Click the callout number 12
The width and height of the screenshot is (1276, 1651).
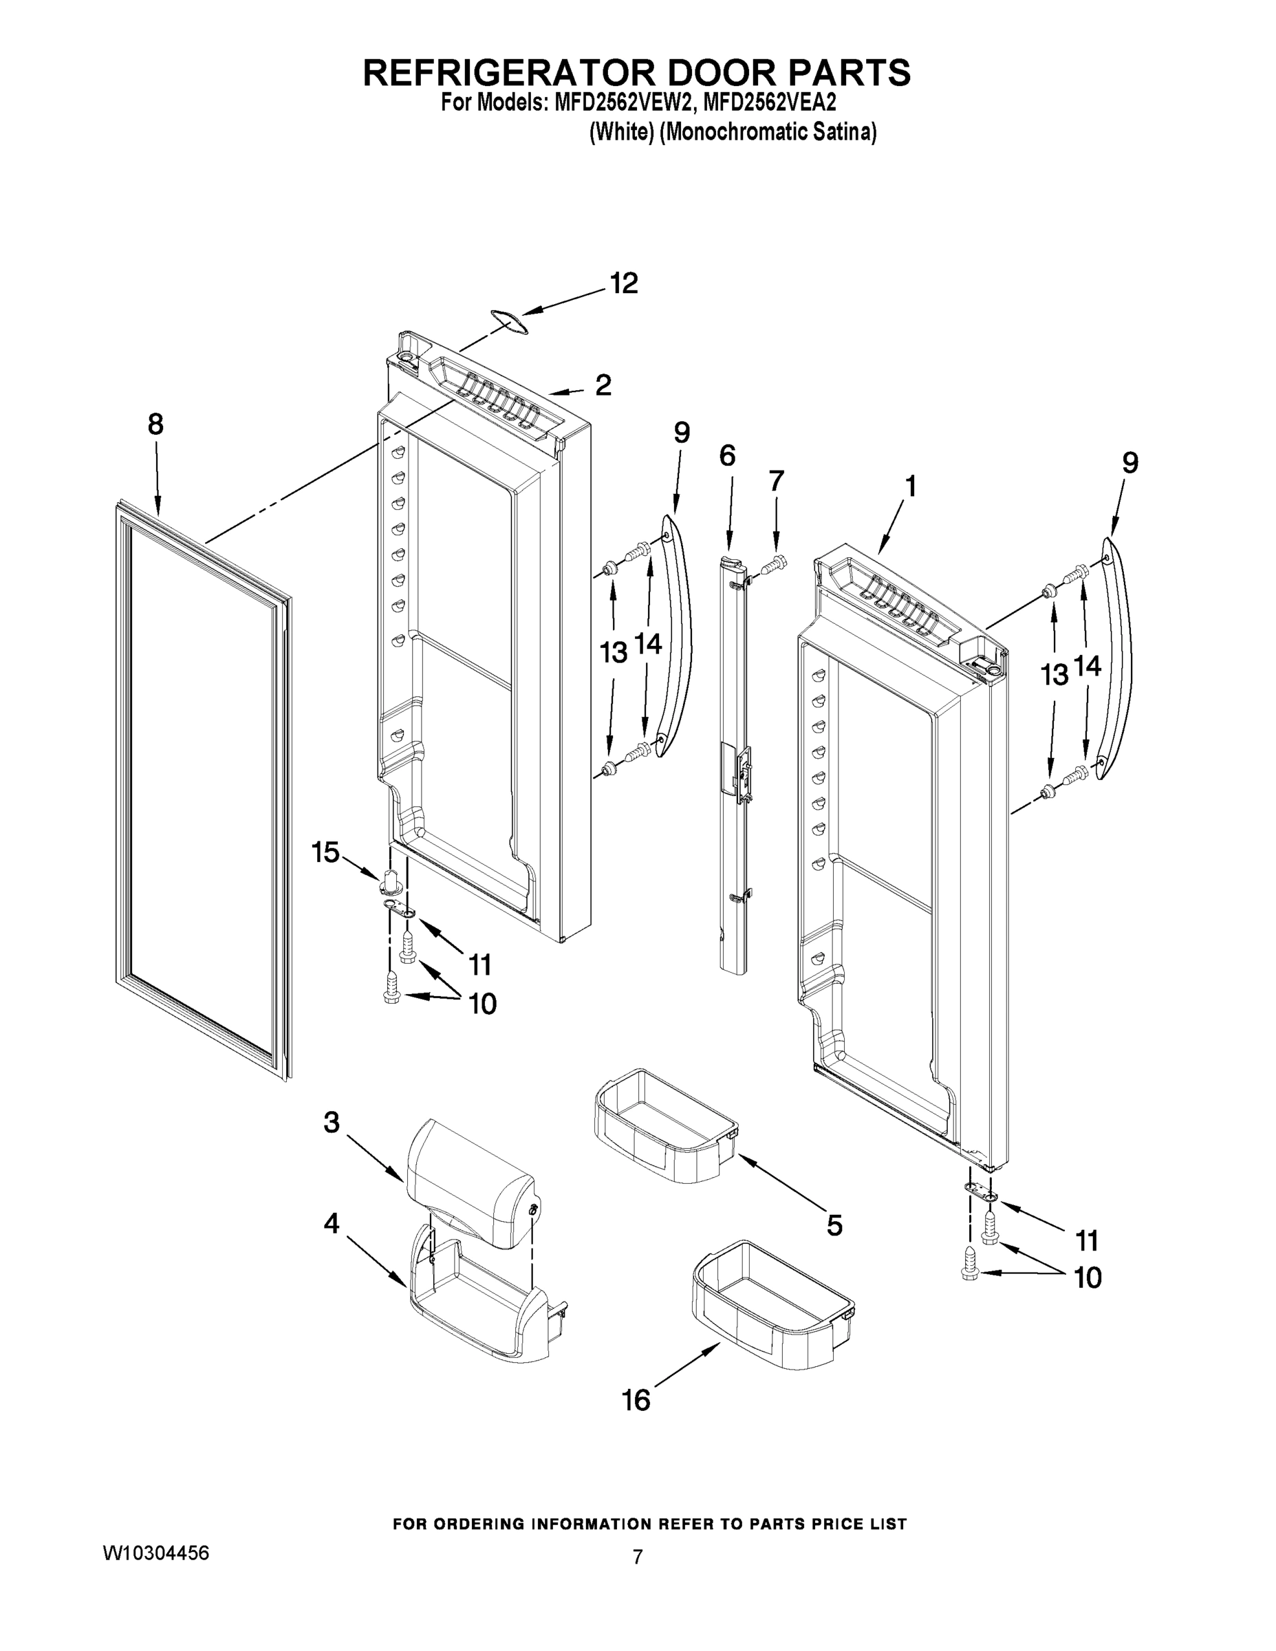(x=624, y=283)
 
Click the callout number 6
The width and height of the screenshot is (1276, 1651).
(x=726, y=456)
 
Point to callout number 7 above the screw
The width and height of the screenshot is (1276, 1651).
(x=777, y=481)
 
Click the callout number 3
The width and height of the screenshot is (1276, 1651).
(x=331, y=1123)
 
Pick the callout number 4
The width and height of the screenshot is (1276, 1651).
(x=331, y=1224)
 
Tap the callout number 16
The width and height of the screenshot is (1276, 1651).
(x=636, y=1401)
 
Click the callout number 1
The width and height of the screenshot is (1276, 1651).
(x=911, y=486)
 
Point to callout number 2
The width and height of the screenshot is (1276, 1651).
(x=603, y=385)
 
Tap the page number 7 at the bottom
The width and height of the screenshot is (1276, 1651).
(x=637, y=1557)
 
